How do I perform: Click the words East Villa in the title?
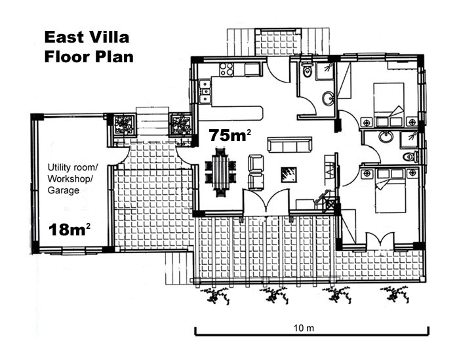click(87, 37)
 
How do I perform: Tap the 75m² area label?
click(229, 135)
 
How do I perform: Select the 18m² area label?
click(70, 230)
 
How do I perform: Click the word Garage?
click(63, 191)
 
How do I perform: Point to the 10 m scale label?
click(304, 328)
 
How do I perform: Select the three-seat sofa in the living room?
click(289, 144)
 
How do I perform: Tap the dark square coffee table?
click(289, 174)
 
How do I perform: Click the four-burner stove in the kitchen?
click(226, 70)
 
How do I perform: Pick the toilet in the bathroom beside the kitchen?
click(307, 70)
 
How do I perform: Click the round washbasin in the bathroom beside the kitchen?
click(328, 98)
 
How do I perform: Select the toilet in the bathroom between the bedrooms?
click(410, 157)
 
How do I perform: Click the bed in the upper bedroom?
click(389, 100)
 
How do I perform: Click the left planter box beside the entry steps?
click(124, 125)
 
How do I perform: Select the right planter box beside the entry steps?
click(180, 125)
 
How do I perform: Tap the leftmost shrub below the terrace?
click(215, 296)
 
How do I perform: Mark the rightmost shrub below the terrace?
click(395, 295)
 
